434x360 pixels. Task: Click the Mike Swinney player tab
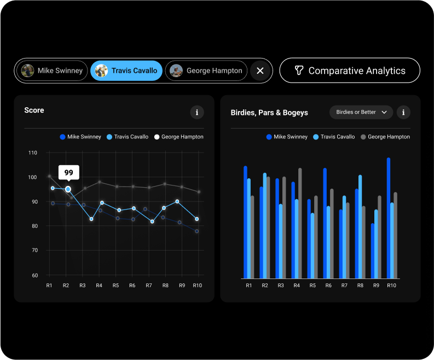tap(53, 71)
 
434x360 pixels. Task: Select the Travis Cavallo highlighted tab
tap(126, 71)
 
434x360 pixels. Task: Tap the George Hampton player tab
tap(206, 71)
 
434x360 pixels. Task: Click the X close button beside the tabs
tap(261, 71)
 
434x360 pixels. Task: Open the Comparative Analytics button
tap(350, 71)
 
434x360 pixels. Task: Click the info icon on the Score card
tap(197, 112)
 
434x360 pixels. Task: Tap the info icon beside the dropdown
tap(403, 112)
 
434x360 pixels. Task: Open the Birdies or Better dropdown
tap(361, 112)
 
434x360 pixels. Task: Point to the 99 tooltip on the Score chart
tap(69, 172)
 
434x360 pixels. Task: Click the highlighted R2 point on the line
tap(68, 189)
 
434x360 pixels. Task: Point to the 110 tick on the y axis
tap(32, 153)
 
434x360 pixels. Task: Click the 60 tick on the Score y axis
tap(34, 275)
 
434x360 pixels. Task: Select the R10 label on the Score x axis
tap(198, 286)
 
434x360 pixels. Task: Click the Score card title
tap(34, 111)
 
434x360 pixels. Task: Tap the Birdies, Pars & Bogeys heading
tap(269, 113)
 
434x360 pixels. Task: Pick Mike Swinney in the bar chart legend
tap(287, 137)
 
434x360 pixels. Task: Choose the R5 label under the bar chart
tap(313, 286)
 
